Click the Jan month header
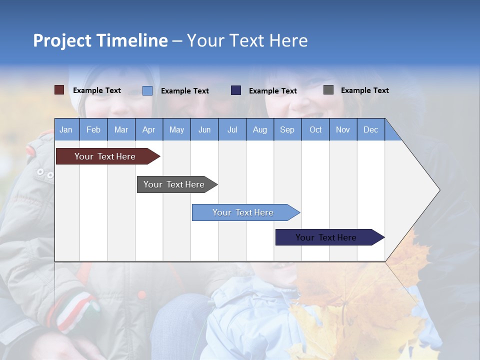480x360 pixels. [x=66, y=130]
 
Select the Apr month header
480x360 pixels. [x=149, y=130]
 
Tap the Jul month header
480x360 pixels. [x=232, y=130]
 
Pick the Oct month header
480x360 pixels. [x=315, y=130]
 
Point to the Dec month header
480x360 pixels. [x=370, y=130]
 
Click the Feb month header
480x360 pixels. [x=93, y=130]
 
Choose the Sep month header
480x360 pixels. [x=287, y=130]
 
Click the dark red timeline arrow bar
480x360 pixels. [x=108, y=156]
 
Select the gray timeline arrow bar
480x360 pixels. [x=177, y=184]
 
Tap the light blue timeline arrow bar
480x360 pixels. [x=246, y=212]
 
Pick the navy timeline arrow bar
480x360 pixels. [x=330, y=237]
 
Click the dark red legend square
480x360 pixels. [x=59, y=90]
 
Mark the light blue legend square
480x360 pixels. [x=147, y=90]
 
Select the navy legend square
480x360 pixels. [x=236, y=90]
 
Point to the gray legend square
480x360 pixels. [x=328, y=90]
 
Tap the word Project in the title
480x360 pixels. [x=62, y=40]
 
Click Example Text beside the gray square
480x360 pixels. [x=365, y=90]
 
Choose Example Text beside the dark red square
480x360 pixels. [x=96, y=90]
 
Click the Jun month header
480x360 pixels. [x=204, y=130]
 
